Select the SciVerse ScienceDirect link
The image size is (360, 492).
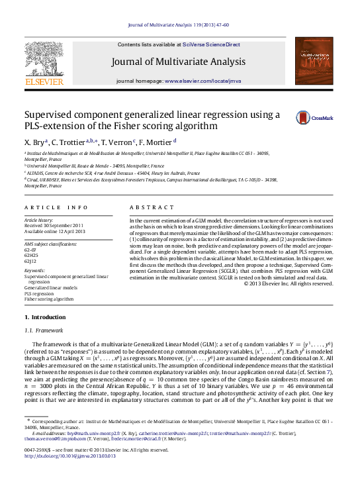(x=205, y=44)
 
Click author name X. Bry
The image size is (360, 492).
(x=35, y=142)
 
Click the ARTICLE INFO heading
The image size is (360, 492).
(x=56, y=207)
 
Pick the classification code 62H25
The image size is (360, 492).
(x=32, y=255)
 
